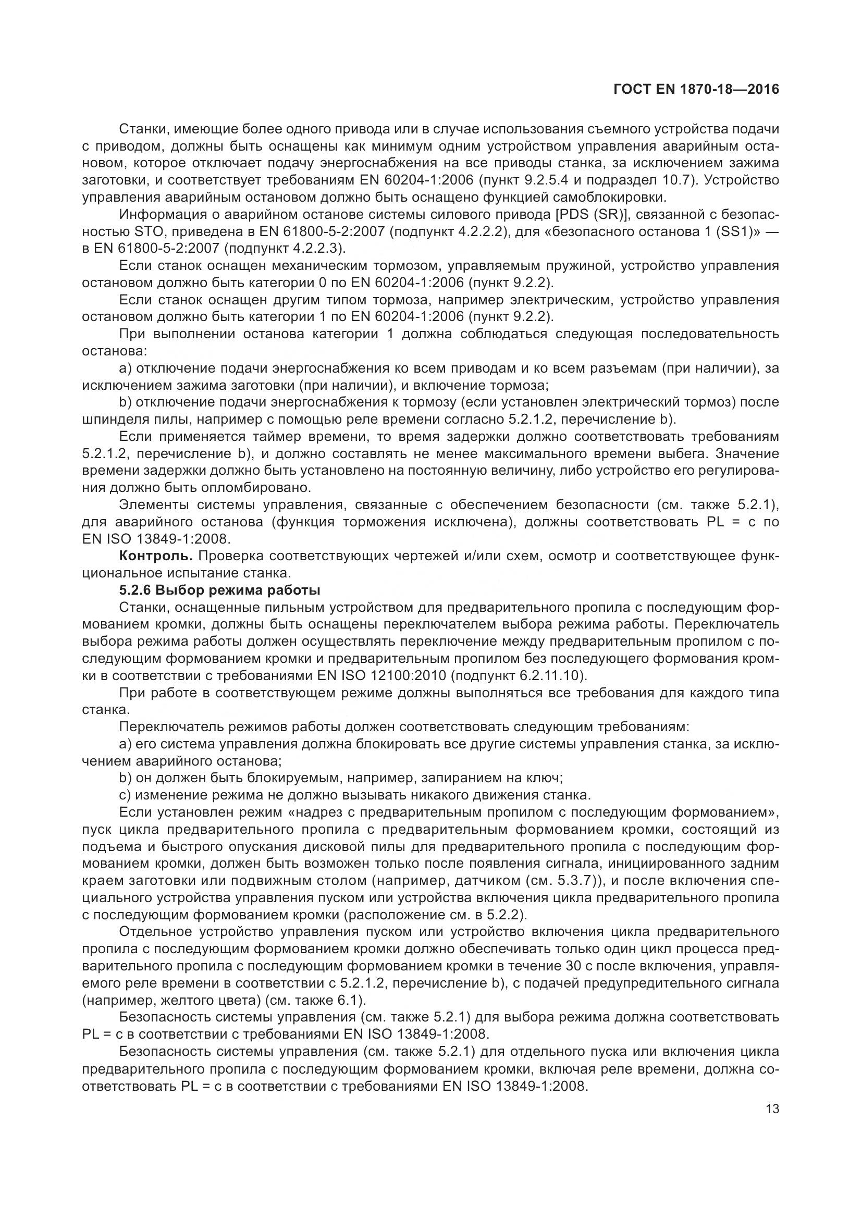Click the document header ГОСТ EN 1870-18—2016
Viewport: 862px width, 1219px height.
(x=696, y=89)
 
